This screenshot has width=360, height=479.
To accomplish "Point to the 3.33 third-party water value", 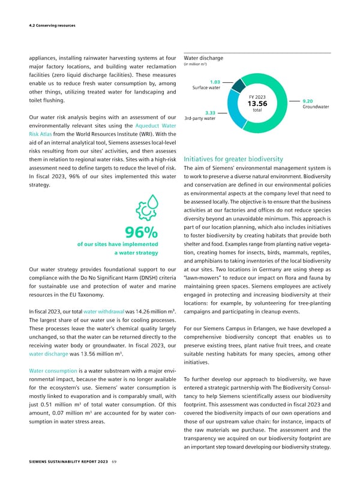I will (x=210, y=112).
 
